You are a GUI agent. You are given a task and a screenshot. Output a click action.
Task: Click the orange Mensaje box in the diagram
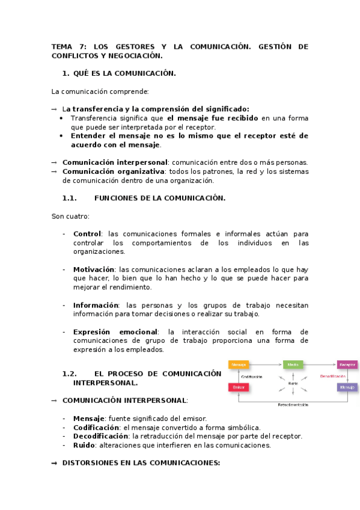(239, 364)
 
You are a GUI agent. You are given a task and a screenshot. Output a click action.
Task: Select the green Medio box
(293, 364)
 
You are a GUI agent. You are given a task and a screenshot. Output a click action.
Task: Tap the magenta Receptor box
(347, 364)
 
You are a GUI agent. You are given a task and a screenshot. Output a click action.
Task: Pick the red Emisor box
(239, 387)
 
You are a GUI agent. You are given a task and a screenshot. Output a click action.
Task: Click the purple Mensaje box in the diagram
(347, 387)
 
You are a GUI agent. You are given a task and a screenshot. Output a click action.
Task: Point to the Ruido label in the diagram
(293, 383)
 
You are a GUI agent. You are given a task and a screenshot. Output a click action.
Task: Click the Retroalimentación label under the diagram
(293, 405)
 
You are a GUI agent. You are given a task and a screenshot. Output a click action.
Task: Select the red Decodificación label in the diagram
(332, 376)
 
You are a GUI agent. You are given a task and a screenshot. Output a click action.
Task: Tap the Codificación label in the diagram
(252, 376)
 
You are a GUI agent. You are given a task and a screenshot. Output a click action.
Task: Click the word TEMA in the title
(61, 46)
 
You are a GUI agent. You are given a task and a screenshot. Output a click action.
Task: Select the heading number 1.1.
(70, 198)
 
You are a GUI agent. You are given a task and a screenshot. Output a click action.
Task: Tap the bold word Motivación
(93, 269)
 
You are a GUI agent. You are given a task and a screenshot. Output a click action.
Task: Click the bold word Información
(96, 305)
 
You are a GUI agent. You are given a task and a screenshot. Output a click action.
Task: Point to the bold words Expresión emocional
(115, 331)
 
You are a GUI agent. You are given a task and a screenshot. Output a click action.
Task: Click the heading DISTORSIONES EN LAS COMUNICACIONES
(141, 463)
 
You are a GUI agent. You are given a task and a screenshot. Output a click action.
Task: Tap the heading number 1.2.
(70, 373)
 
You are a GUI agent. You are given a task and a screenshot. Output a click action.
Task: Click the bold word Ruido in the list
(84, 446)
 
